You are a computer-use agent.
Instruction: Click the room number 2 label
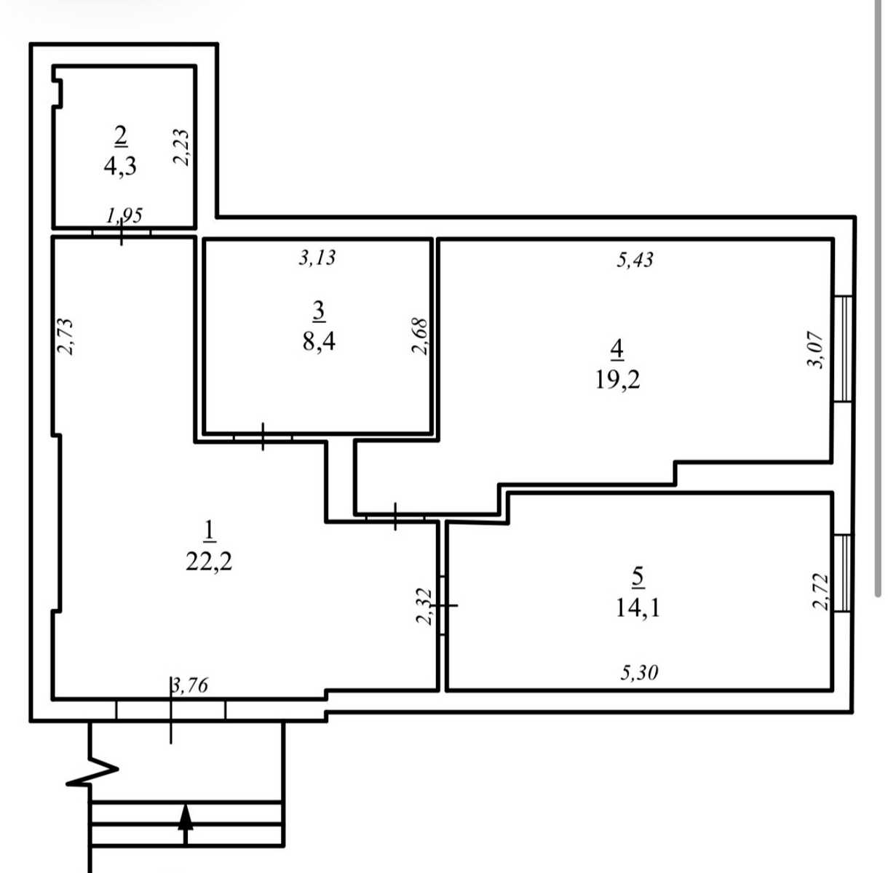point(121,136)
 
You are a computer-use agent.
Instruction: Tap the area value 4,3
point(120,166)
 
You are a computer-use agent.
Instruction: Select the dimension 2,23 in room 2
point(181,147)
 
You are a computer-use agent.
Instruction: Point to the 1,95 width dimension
point(124,215)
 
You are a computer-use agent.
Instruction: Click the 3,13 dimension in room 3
point(317,258)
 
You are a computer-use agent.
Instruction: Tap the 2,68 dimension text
point(420,336)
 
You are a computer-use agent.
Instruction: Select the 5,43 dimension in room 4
point(635,260)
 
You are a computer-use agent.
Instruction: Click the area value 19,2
point(617,380)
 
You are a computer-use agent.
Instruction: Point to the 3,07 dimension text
point(814,349)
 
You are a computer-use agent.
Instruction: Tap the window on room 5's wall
point(843,573)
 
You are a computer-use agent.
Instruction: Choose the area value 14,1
point(638,608)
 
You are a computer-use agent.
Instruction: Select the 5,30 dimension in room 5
point(639,673)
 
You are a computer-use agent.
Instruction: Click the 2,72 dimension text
point(821,591)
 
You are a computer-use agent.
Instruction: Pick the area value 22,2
point(209,562)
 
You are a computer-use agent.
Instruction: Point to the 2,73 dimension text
point(65,336)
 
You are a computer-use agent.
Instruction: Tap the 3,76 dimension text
point(190,685)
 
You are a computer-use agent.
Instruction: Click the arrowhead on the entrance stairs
point(186,817)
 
